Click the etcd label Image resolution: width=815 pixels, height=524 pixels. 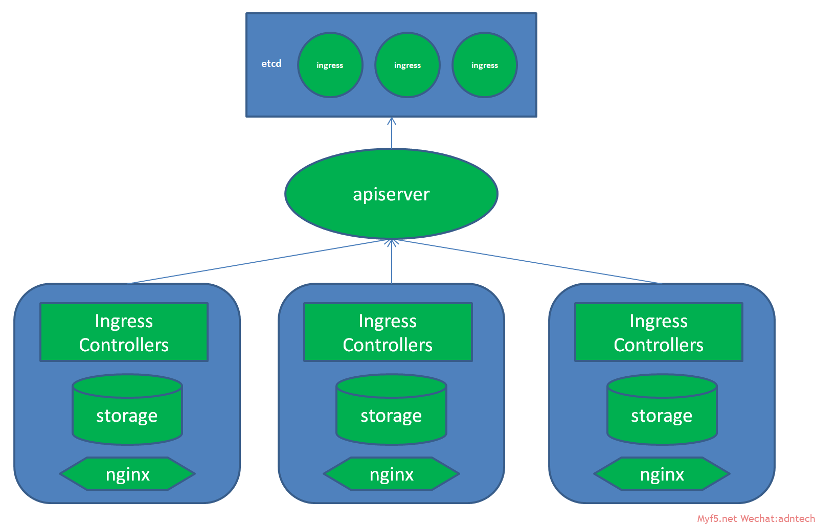click(271, 64)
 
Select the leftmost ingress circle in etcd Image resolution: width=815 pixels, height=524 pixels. click(330, 65)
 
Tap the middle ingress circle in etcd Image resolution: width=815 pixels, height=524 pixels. click(407, 65)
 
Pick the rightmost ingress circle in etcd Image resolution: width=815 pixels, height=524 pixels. click(485, 65)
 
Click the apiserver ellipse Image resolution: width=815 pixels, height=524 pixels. click(392, 194)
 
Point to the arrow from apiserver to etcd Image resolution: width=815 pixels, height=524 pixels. click(392, 133)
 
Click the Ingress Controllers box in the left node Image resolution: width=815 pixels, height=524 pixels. click(124, 332)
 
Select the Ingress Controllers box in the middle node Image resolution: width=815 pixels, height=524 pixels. click(388, 332)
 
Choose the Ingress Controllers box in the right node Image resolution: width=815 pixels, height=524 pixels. click(659, 332)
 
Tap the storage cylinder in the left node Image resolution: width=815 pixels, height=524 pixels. click(127, 409)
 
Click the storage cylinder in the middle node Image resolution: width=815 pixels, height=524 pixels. click(392, 409)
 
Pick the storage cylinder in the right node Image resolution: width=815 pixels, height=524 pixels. click(662, 409)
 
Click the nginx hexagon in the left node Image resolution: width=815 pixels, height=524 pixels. click(128, 474)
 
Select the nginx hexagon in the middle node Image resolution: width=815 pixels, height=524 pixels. click(392, 474)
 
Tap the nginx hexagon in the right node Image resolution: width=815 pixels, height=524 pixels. click(662, 474)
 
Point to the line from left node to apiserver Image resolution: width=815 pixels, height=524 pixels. click(258, 262)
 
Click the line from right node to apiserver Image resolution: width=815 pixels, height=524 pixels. click(528, 262)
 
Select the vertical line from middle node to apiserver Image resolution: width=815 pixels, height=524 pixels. click(392, 262)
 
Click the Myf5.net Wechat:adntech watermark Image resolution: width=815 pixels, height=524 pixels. click(756, 518)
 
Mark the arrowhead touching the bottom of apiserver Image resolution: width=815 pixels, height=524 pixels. click(392, 243)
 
